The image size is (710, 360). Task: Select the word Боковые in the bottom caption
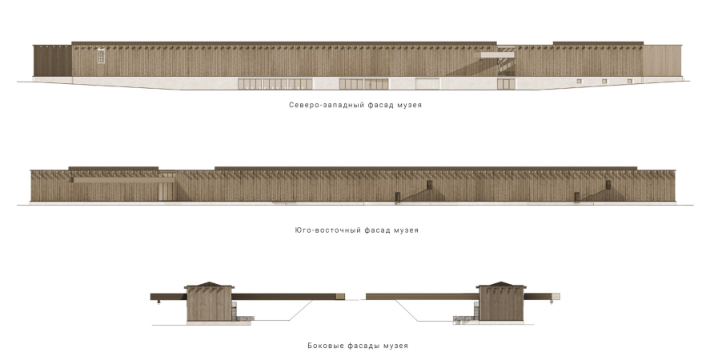tap(325, 346)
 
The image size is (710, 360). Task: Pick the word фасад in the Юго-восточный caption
tap(375, 230)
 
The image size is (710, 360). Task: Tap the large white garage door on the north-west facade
tap(427, 84)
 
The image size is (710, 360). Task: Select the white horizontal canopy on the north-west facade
tap(498, 55)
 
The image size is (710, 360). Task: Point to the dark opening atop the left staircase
tap(429, 186)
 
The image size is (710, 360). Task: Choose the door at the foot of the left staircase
tap(395, 197)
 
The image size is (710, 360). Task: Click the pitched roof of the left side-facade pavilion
tap(210, 285)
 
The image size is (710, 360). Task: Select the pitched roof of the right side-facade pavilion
tap(501, 285)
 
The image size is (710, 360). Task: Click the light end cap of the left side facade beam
tap(341, 296)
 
